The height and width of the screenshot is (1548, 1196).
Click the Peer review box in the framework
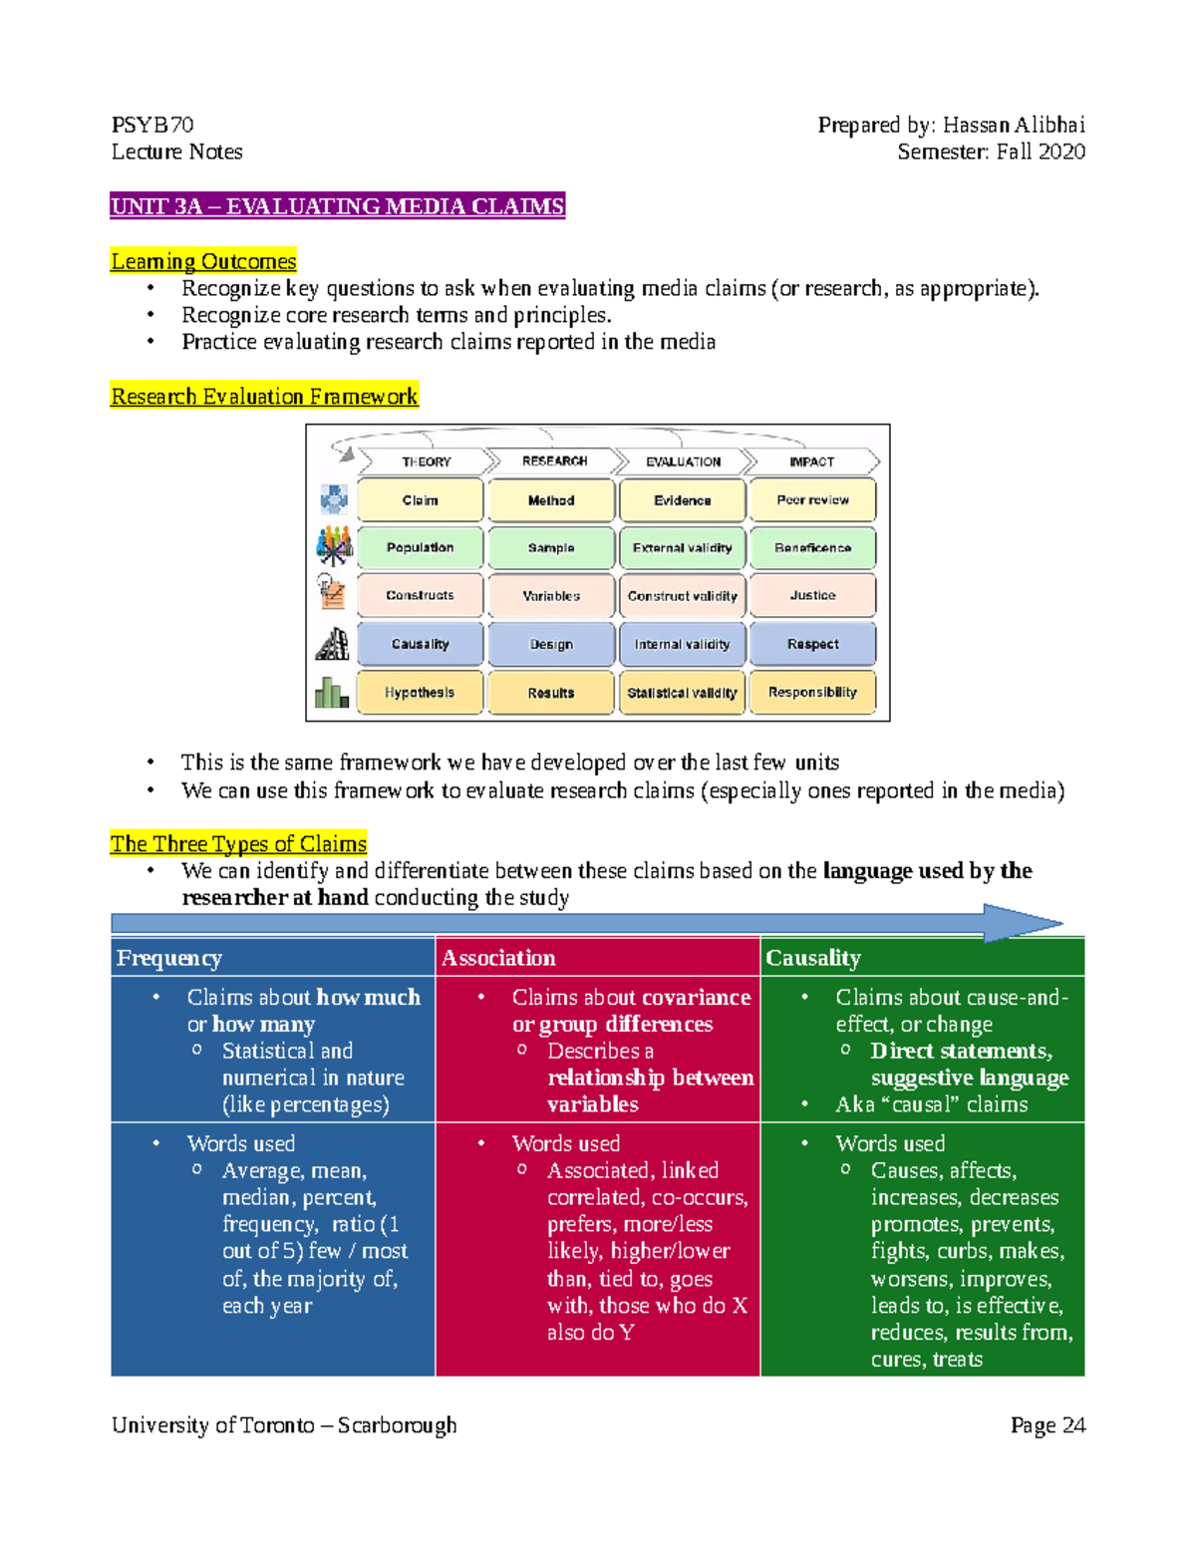click(x=812, y=500)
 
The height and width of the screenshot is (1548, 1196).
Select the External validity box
click(x=682, y=547)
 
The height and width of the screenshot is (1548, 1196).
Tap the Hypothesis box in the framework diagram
click(x=420, y=692)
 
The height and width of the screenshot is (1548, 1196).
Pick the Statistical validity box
click(x=682, y=692)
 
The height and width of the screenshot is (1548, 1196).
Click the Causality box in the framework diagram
click(x=420, y=644)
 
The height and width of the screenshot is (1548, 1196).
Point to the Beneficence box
click(x=812, y=547)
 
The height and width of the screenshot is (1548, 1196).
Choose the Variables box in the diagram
click(x=551, y=595)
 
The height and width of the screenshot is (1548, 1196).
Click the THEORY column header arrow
click(x=426, y=462)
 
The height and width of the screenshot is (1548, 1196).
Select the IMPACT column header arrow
click(x=812, y=462)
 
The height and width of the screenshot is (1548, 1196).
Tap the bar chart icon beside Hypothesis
click(x=332, y=692)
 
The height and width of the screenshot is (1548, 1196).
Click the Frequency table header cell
click(x=272, y=958)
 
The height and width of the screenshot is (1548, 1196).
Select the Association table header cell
click(x=597, y=958)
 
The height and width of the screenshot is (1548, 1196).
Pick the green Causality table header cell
click(x=922, y=958)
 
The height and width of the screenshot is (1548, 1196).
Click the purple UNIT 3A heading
click(x=338, y=206)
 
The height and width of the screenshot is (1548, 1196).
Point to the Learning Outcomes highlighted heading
click(x=203, y=261)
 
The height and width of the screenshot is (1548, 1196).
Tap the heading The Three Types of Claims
click(x=238, y=843)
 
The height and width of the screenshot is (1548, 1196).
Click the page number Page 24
click(x=1047, y=1425)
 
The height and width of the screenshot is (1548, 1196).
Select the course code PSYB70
click(x=152, y=125)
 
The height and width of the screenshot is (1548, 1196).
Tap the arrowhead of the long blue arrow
click(x=1022, y=923)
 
